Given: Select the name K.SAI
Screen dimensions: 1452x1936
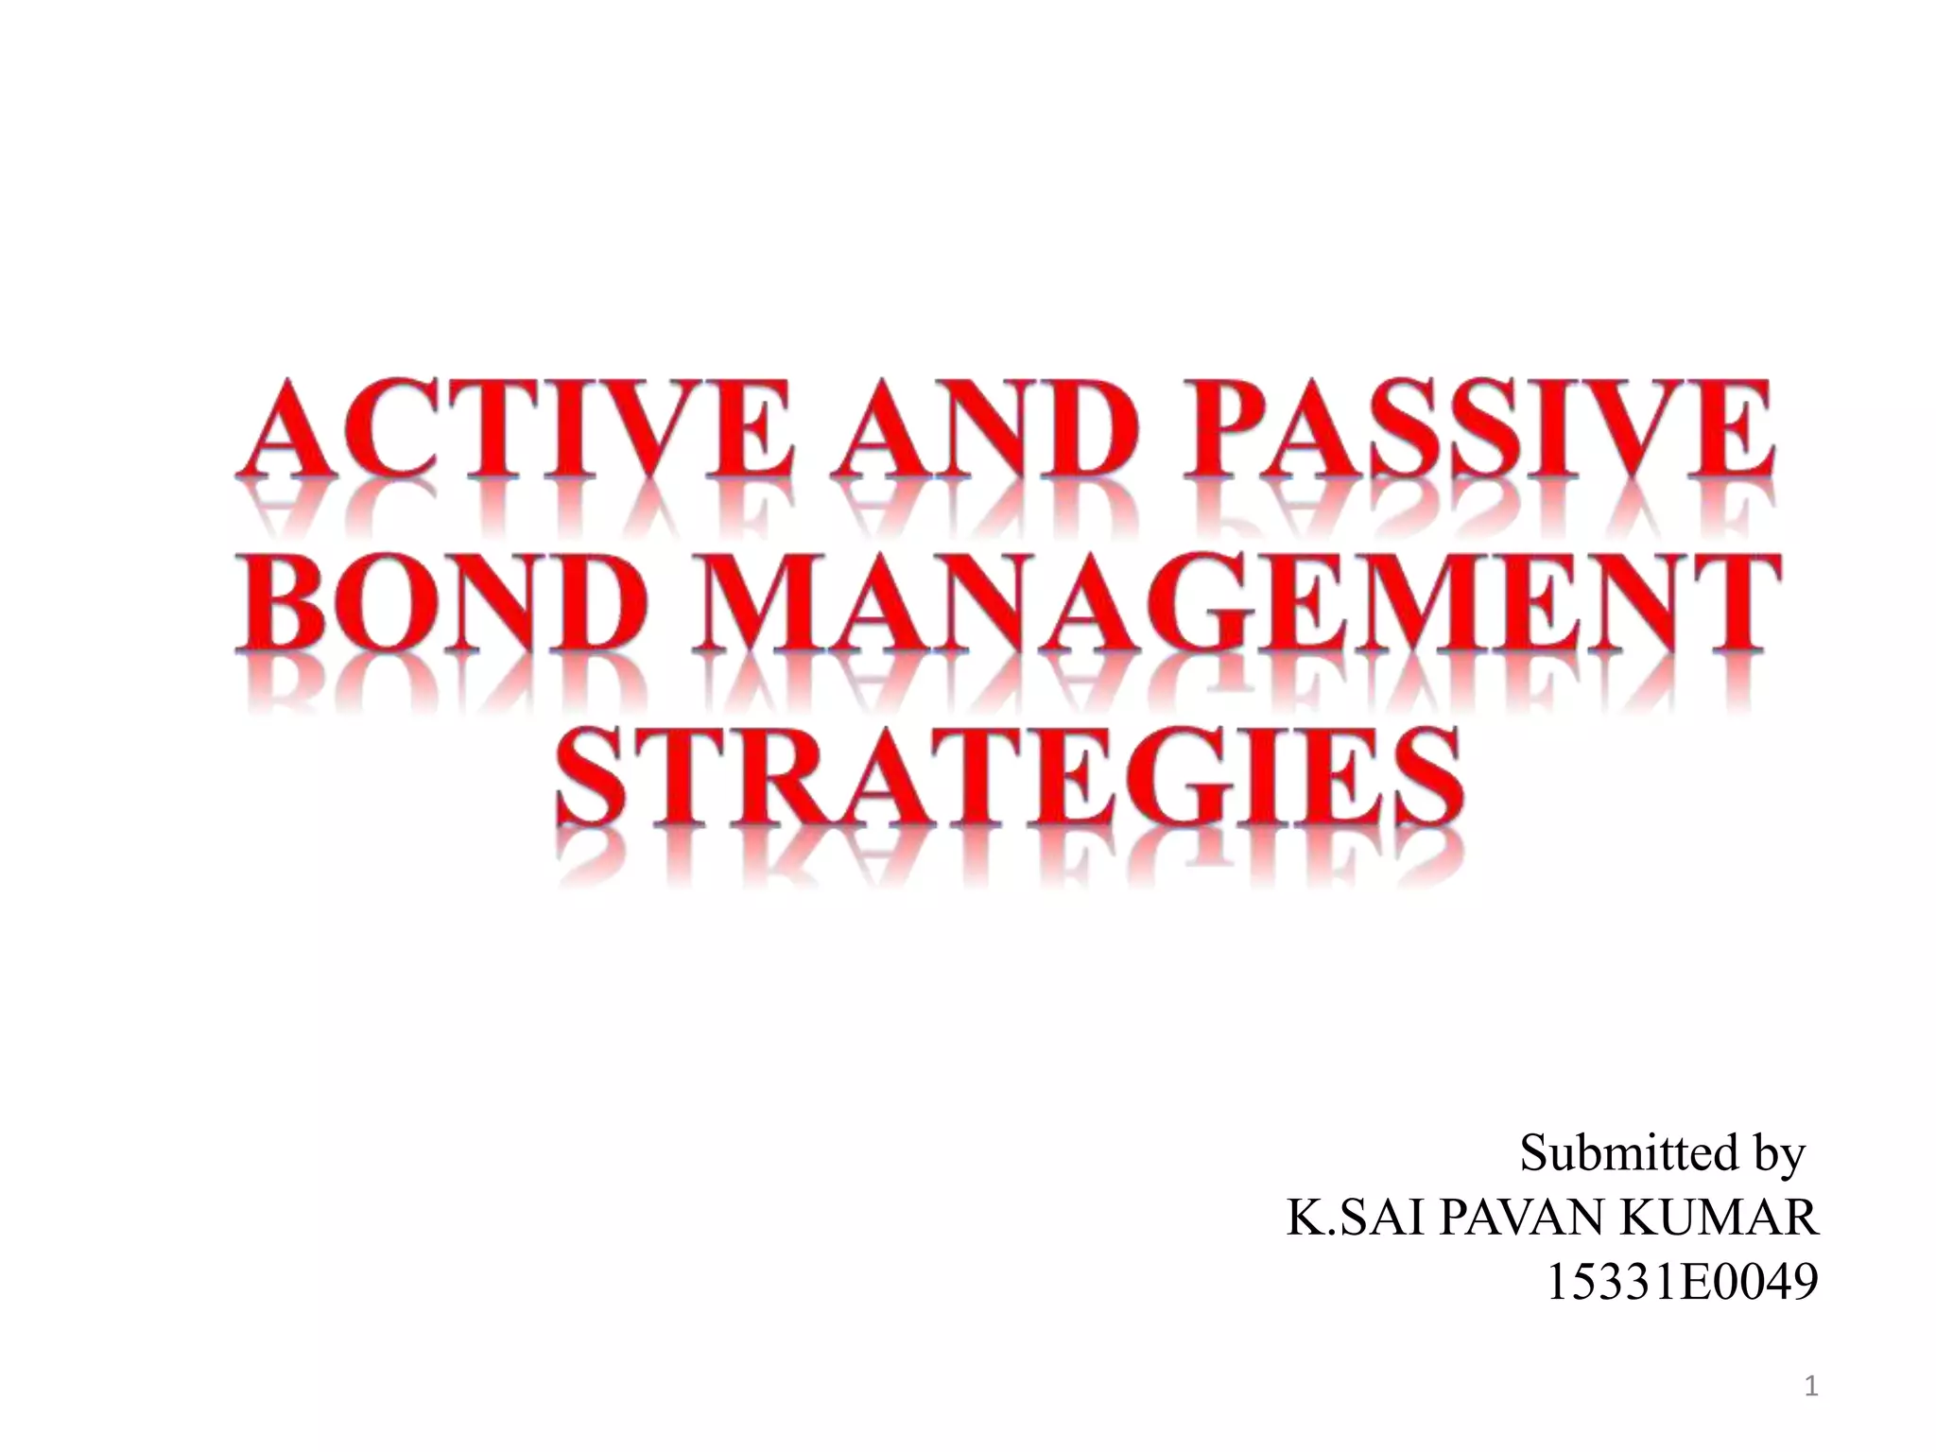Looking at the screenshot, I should [x=1357, y=1219].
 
